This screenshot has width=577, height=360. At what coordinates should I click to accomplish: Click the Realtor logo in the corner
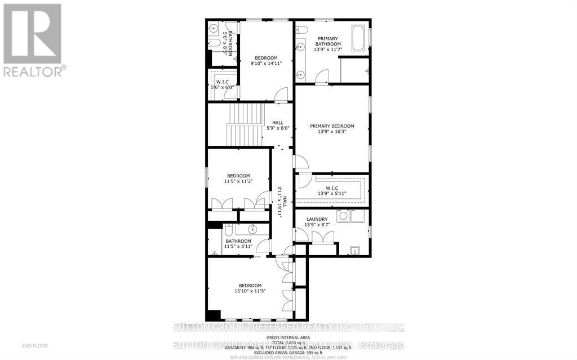[32, 39]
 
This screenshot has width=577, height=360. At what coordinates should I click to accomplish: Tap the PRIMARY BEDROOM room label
[332, 126]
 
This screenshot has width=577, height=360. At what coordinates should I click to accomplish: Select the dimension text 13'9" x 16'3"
[332, 133]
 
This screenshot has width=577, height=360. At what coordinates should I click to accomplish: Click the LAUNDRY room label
[317, 219]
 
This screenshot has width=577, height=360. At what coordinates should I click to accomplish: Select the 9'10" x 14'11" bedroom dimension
[266, 64]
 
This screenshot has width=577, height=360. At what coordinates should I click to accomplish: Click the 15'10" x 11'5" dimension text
[250, 291]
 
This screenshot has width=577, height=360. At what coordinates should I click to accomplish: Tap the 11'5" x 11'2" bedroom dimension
[238, 181]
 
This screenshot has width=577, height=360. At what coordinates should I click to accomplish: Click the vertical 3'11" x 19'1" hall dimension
[280, 203]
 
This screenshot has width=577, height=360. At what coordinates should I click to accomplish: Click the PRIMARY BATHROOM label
[327, 41]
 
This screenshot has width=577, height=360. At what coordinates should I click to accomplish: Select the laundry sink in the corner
[355, 251]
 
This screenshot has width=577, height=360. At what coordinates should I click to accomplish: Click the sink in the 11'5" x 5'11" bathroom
[253, 229]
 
